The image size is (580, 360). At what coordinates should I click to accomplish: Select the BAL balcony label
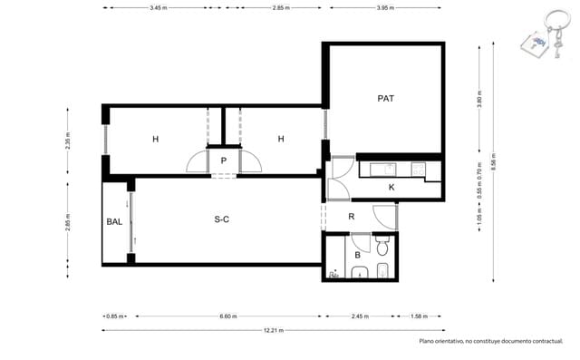click(x=114, y=221)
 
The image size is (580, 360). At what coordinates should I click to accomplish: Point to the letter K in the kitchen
click(x=391, y=187)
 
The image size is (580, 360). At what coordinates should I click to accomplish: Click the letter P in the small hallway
click(x=224, y=161)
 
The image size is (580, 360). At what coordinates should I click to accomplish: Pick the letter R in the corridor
click(x=352, y=216)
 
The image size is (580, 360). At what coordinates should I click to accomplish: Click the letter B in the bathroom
click(x=358, y=256)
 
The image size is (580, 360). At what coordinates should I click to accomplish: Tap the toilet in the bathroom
click(x=382, y=246)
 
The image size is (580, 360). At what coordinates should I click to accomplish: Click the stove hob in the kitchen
click(x=419, y=168)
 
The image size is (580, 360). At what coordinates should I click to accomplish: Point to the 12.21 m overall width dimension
click(x=273, y=331)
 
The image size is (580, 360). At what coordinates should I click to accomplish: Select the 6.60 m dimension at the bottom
click(x=228, y=316)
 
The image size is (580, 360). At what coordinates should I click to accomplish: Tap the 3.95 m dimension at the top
click(x=385, y=7)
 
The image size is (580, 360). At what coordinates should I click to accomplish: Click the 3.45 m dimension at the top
click(x=157, y=7)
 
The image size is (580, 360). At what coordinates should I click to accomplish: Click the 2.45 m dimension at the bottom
click(x=361, y=316)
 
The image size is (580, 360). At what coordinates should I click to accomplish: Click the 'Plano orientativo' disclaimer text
click(x=490, y=341)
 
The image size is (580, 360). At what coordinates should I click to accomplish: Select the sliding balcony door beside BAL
click(x=133, y=221)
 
